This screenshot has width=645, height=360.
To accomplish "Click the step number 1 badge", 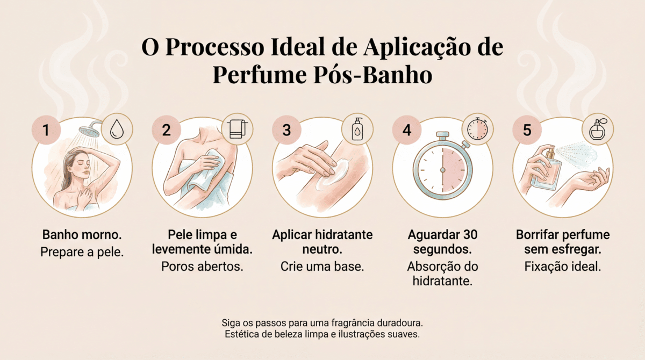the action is pos(46,130).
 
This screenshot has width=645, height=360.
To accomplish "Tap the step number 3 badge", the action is pos(286,130).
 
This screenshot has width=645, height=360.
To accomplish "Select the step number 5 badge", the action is pos(527,130).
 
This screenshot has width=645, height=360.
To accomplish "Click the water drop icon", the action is pos(117,129).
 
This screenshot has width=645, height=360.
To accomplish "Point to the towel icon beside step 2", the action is pos(237,129).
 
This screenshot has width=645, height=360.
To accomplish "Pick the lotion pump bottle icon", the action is pos(357,129).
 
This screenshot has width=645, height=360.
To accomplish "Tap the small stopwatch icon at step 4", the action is pos(477,128).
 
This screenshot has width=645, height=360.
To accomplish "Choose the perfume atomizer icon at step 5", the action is pos(598,129).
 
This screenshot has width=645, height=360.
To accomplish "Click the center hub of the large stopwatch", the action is pos(443,170).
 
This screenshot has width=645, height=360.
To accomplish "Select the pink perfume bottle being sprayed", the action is pos(546,170).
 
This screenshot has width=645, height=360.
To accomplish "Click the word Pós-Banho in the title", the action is pos(373,75).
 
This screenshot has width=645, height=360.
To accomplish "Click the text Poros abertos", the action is pos(202,267).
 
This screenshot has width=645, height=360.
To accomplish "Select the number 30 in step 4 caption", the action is pos(470,235).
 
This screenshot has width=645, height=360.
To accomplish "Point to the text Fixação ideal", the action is pos(563,267).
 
